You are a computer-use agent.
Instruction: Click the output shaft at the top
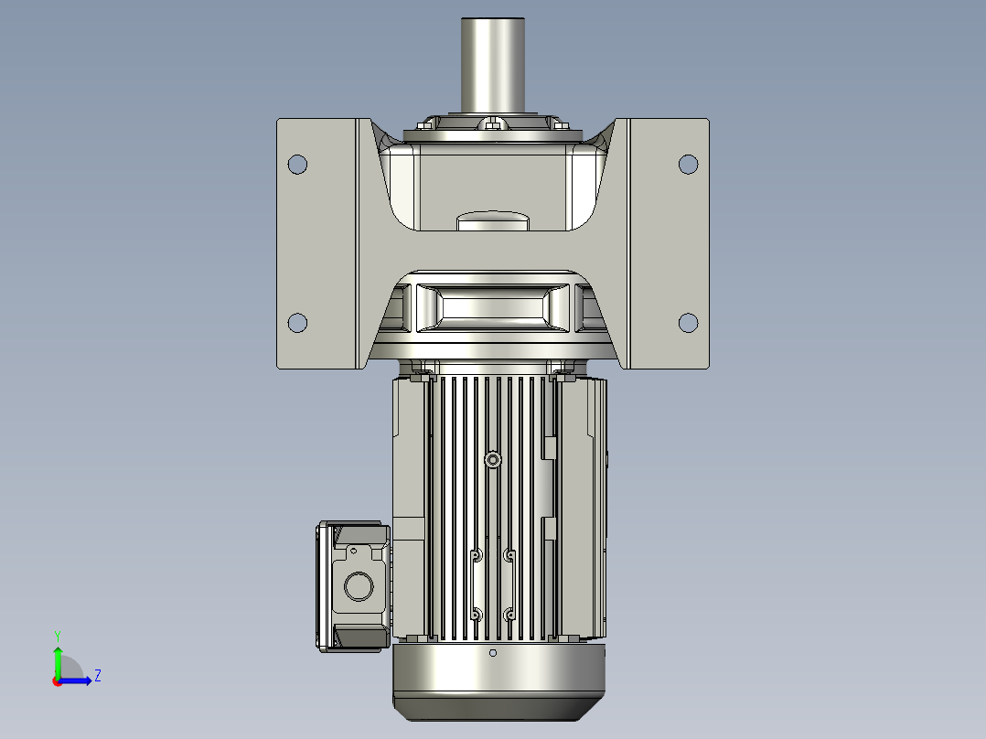coord(493,64)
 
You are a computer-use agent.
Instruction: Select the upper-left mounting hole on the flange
coord(297,165)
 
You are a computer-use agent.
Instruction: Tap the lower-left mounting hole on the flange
coord(297,323)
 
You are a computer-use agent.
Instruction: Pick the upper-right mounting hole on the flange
coord(688,165)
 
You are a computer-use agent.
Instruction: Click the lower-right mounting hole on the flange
coord(688,323)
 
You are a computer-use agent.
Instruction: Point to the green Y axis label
coord(57,634)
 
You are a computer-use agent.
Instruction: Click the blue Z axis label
coord(97,676)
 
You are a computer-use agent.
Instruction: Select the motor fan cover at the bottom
coord(498,681)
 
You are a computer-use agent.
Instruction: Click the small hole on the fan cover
coord(493,653)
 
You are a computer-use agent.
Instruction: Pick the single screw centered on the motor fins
coord(494,460)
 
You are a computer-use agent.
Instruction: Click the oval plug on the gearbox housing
coord(492,220)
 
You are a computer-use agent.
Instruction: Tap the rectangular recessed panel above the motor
coord(494,307)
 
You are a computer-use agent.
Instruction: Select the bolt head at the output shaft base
coord(493,123)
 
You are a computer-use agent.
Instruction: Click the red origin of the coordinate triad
coord(57,680)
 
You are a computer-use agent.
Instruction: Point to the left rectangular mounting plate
coord(316,243)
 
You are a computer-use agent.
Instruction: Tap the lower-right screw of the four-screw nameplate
coord(509,614)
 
